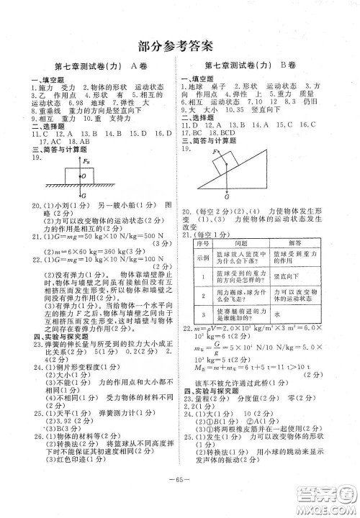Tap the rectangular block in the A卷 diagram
coord(81,174)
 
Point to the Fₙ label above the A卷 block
coord(87,161)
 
